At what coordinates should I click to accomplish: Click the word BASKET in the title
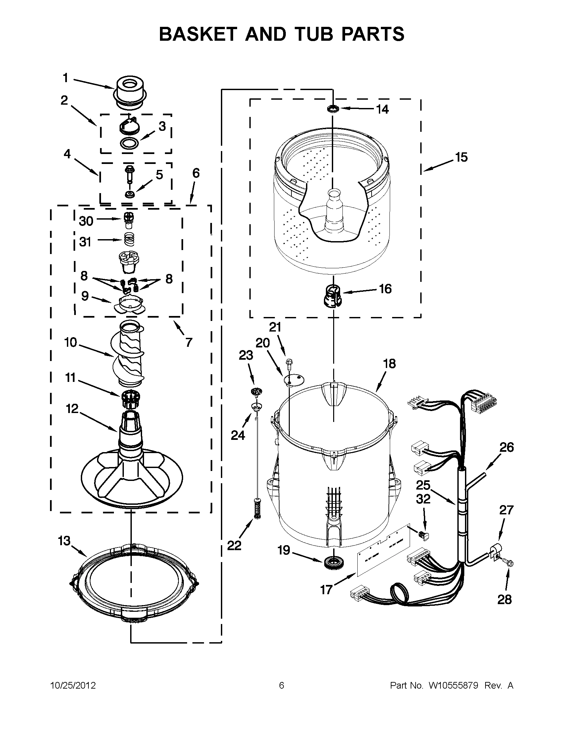(x=198, y=34)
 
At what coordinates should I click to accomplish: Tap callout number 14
(x=383, y=110)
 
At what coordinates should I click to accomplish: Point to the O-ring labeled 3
(x=129, y=143)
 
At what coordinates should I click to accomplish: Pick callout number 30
(x=86, y=221)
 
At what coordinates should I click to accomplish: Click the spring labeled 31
(x=130, y=239)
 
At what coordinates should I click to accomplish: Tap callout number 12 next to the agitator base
(x=72, y=409)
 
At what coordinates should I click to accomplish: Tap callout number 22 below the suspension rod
(x=234, y=546)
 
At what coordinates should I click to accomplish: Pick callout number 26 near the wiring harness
(x=506, y=447)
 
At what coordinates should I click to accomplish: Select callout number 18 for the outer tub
(x=389, y=363)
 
